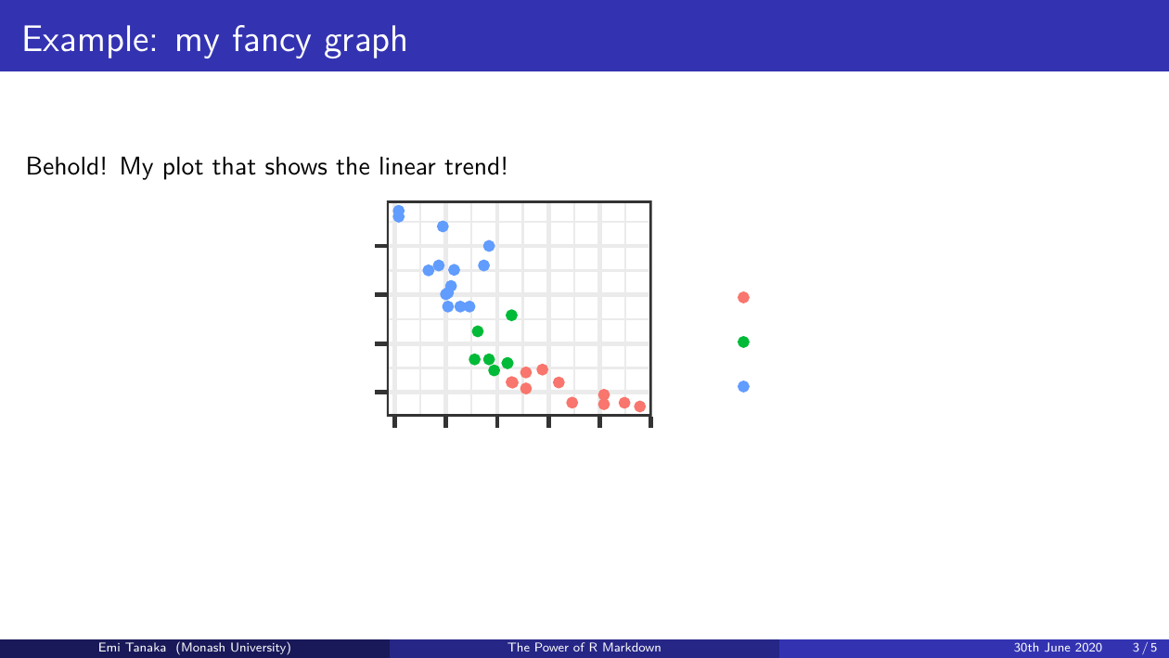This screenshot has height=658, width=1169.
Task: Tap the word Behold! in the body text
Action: tap(66, 167)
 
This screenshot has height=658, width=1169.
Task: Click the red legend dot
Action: tap(744, 298)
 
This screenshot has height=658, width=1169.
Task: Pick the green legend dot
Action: tap(744, 342)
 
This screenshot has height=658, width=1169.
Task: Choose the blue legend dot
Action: tap(744, 386)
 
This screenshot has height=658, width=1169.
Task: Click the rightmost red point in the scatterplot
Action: tap(640, 406)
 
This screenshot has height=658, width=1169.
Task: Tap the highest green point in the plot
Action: tap(511, 316)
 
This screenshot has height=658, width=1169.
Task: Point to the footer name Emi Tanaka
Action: tap(132, 648)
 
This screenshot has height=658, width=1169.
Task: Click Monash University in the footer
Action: tap(233, 648)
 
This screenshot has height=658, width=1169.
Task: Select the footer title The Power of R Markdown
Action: tap(584, 648)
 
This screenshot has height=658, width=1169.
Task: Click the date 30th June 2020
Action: tap(1058, 648)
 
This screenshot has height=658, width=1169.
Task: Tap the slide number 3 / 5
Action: tap(1145, 648)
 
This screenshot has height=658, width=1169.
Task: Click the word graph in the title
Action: tap(366, 40)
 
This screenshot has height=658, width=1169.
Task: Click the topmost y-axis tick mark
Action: tap(381, 246)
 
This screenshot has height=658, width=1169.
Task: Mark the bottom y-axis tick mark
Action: tap(381, 393)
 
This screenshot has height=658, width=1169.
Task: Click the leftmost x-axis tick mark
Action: tap(394, 421)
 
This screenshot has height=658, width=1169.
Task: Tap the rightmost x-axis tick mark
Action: tap(650, 421)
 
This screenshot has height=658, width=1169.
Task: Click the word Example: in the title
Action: tap(89, 40)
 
